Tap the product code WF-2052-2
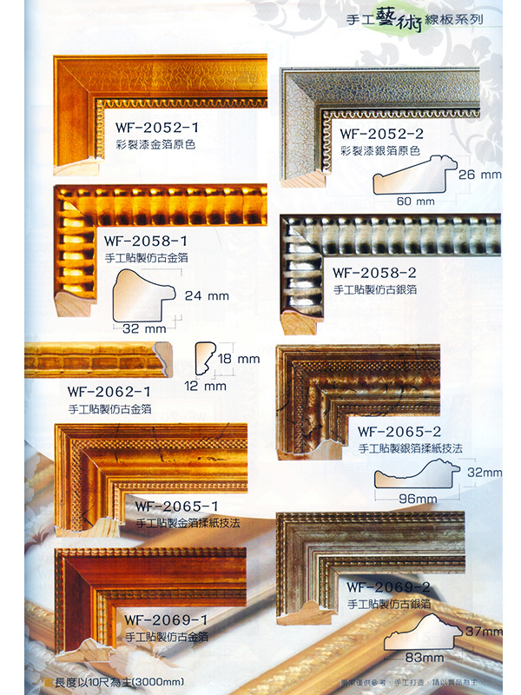coord(381,134)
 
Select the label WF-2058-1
coord(146,240)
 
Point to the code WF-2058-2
coord(374,272)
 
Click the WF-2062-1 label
coord(109,390)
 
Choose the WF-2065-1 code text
coord(176,506)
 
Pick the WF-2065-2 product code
coord(399,430)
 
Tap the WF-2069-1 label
coord(166,619)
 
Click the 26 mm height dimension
coord(479,175)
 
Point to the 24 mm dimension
coord(207,295)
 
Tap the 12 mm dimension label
coord(205,386)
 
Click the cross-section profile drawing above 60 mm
coord(414,176)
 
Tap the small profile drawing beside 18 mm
coord(205,357)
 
